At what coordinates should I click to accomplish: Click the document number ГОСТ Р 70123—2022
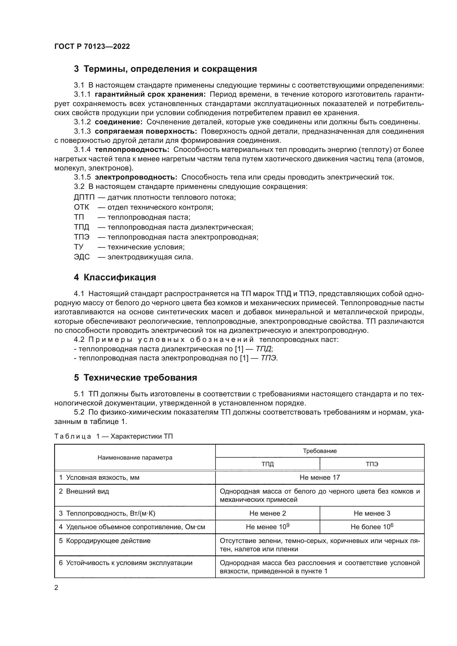click(92, 47)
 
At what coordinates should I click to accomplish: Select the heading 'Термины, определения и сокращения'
click(170, 69)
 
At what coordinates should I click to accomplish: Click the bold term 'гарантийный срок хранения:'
click(150, 94)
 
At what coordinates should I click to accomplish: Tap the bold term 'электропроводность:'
click(136, 177)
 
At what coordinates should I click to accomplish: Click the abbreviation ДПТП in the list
click(84, 197)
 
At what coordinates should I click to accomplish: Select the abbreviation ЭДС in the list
click(82, 257)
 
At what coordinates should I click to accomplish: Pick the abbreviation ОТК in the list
click(81, 207)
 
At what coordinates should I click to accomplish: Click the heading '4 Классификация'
click(115, 277)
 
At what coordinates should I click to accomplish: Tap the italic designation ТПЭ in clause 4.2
click(269, 358)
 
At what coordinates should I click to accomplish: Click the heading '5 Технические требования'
click(135, 378)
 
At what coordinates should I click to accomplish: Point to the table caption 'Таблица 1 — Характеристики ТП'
click(113, 436)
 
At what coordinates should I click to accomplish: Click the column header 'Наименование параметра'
click(135, 457)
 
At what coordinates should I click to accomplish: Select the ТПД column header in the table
click(267, 464)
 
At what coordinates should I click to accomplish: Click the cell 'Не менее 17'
click(320, 478)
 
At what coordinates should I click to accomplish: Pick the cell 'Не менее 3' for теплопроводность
click(372, 513)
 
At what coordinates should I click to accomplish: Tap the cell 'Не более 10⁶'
click(372, 527)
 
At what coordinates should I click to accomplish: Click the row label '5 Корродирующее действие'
click(105, 541)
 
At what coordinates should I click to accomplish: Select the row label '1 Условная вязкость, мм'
click(99, 478)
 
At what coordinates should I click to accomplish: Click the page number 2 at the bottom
click(56, 587)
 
